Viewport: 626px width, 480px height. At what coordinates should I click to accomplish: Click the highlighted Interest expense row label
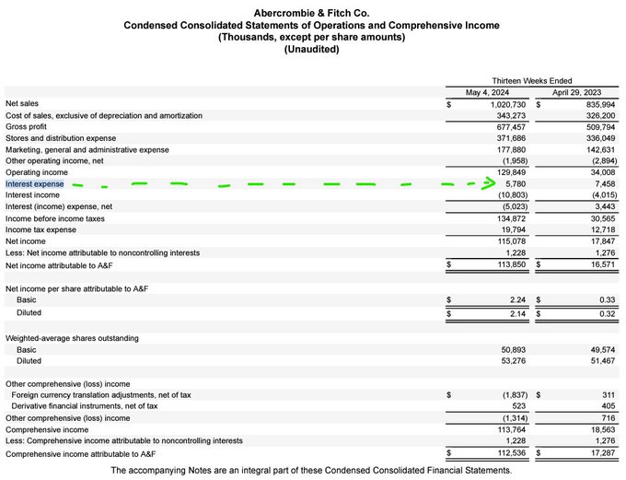pyautogui.click(x=34, y=183)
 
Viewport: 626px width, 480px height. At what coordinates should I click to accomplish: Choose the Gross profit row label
pyautogui.click(x=29, y=126)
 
